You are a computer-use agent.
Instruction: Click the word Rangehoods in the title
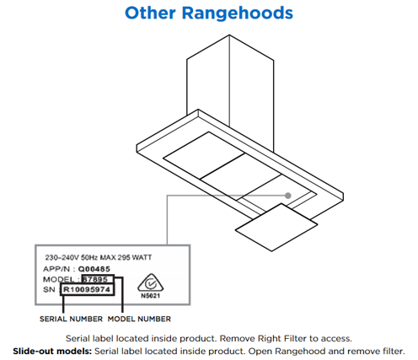pos(238,13)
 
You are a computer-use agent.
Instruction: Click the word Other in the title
pos(150,13)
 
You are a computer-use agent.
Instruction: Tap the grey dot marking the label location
pos(287,196)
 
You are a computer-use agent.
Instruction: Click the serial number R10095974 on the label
pos(87,289)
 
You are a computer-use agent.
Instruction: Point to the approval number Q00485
pos(94,269)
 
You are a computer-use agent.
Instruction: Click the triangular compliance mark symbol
pos(151,283)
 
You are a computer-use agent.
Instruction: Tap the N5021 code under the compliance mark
pos(151,296)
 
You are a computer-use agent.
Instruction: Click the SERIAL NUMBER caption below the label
pos(71,319)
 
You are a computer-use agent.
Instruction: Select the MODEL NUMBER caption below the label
pos(139,319)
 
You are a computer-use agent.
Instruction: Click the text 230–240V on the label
pos(62,257)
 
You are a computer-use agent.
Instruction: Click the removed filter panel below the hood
pos(276,227)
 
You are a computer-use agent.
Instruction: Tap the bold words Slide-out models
pos(52,352)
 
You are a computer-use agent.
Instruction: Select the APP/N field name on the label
pos(56,269)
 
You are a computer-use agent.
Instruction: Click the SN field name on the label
pos(49,289)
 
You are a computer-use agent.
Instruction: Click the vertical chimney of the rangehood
pos(230,84)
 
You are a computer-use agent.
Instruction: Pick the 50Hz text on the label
pos(89,257)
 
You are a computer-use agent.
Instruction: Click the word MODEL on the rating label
pos(59,279)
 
